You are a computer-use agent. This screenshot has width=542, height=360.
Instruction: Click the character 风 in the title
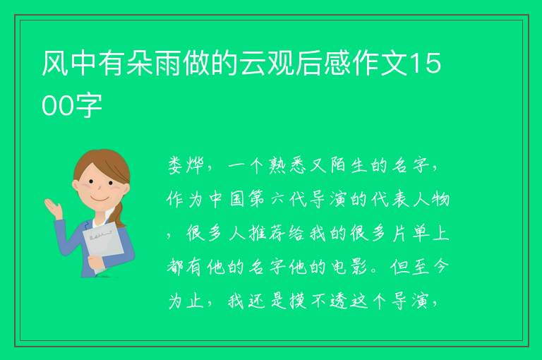click(55, 63)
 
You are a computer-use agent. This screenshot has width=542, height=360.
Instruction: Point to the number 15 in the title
click(426, 64)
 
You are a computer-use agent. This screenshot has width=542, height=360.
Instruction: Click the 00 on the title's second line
click(57, 106)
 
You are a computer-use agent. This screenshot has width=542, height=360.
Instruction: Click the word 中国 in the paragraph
click(226, 200)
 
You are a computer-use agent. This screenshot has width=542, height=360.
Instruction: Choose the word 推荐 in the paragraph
click(267, 233)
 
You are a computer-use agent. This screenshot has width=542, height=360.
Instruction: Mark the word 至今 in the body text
click(430, 267)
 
